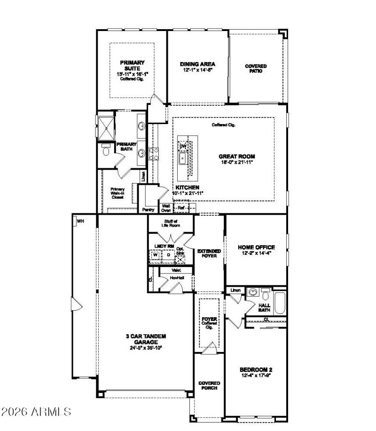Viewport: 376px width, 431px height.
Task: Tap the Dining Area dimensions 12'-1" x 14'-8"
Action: [x=197, y=70]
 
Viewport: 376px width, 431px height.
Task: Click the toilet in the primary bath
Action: [x=106, y=152]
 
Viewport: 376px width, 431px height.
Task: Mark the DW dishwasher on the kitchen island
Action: [x=183, y=146]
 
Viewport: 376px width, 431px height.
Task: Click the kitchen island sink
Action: [x=183, y=159]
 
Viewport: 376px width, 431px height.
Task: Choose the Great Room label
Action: [x=236, y=156]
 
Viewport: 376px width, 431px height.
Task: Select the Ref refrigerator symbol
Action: [x=181, y=207]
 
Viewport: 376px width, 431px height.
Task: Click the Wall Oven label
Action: [x=166, y=208]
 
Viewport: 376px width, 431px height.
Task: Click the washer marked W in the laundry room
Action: [x=155, y=255]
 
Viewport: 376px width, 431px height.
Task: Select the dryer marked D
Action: [x=168, y=255]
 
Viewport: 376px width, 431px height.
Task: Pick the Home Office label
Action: [x=256, y=247]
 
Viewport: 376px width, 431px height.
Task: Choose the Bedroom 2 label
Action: [x=256, y=370]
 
